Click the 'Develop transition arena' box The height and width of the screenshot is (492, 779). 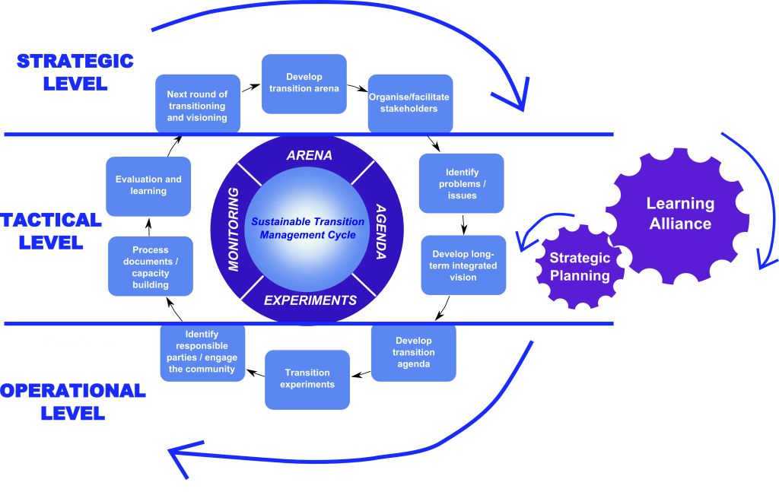coord(304,83)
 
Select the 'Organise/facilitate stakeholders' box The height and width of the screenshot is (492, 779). coord(409,103)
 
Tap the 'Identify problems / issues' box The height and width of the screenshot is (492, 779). coord(462,184)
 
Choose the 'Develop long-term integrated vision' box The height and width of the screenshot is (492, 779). coord(463,265)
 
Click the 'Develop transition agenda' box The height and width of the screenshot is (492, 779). coord(413,353)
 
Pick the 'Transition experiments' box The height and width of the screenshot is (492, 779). coord(307,379)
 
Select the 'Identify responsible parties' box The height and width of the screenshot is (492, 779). coord(202,352)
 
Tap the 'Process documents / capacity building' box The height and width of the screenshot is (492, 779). coord(150,267)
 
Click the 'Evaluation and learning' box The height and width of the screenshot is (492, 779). coord(148,186)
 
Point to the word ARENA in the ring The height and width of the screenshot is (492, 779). coord(309,156)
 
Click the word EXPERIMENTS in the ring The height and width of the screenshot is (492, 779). coord(310,300)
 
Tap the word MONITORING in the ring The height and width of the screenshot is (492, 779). coord(234,228)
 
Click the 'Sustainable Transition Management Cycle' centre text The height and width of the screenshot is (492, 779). coord(308,228)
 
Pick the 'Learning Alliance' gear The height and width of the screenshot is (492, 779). coord(679,214)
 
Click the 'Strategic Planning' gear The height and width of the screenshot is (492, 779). coord(580,267)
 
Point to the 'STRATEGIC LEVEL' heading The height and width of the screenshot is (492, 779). coord(75,72)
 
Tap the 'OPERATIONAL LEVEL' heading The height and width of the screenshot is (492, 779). coord(73,402)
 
